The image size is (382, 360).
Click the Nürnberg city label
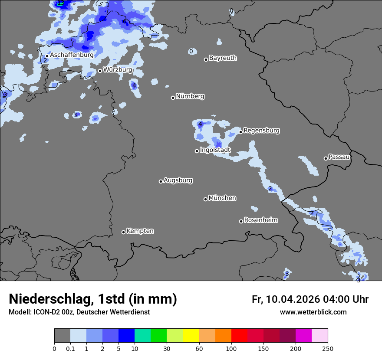coord(190,96)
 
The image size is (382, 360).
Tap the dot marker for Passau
coord(326,158)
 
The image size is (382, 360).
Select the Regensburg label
coord(261,131)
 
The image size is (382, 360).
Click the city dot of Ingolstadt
coord(197,151)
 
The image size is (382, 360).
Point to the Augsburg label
coord(178,180)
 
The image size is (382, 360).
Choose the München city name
coord(222,198)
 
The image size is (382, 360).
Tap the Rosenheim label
coord(260,220)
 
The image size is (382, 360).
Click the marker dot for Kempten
coord(123,232)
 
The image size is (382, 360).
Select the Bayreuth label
coord(223,58)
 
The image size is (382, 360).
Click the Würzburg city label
coord(117,70)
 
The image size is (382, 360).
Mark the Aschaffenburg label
coord(72,55)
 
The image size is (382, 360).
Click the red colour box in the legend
coord(239,336)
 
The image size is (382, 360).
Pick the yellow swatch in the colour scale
coord(191,336)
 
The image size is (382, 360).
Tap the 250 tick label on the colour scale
coord(327,348)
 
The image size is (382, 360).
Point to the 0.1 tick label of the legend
coord(70,348)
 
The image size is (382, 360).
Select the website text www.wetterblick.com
coord(313,312)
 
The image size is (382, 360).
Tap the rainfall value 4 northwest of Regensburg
coord(200,124)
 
